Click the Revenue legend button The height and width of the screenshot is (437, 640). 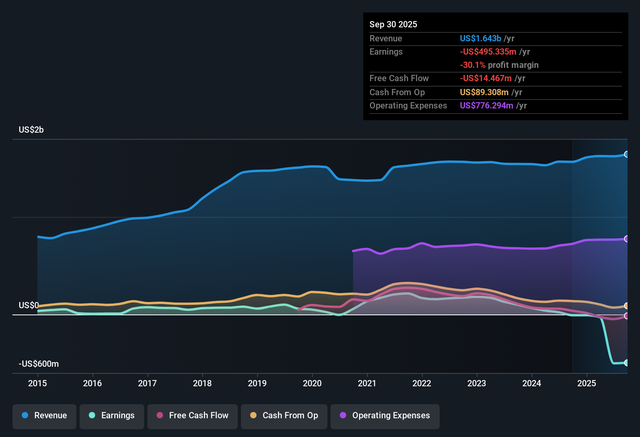[x=44, y=416]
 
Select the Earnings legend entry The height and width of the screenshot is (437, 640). [x=112, y=416]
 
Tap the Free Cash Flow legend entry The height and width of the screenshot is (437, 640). [x=193, y=416]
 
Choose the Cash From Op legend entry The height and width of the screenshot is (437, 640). [x=284, y=416]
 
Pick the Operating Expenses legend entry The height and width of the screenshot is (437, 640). [x=385, y=416]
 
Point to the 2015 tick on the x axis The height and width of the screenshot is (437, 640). [x=37, y=383]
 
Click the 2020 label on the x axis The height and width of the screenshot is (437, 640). [x=312, y=383]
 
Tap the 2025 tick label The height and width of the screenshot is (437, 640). [x=587, y=383]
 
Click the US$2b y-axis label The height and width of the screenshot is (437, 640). [x=31, y=130]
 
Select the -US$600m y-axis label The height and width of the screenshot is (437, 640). [x=39, y=364]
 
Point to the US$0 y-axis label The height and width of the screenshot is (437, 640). [x=28, y=305]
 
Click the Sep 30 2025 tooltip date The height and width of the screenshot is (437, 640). [x=393, y=25]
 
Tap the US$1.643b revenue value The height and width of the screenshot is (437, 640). [x=481, y=39]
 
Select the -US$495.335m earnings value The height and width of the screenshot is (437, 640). [x=488, y=52]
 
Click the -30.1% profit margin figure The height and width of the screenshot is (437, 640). [x=472, y=65]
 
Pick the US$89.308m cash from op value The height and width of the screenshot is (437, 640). [x=484, y=92]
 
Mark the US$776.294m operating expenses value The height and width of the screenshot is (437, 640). [x=486, y=106]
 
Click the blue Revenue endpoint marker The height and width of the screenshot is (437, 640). [x=626, y=154]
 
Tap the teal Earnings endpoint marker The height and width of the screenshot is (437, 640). [x=626, y=363]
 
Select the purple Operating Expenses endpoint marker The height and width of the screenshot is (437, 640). [x=626, y=239]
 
